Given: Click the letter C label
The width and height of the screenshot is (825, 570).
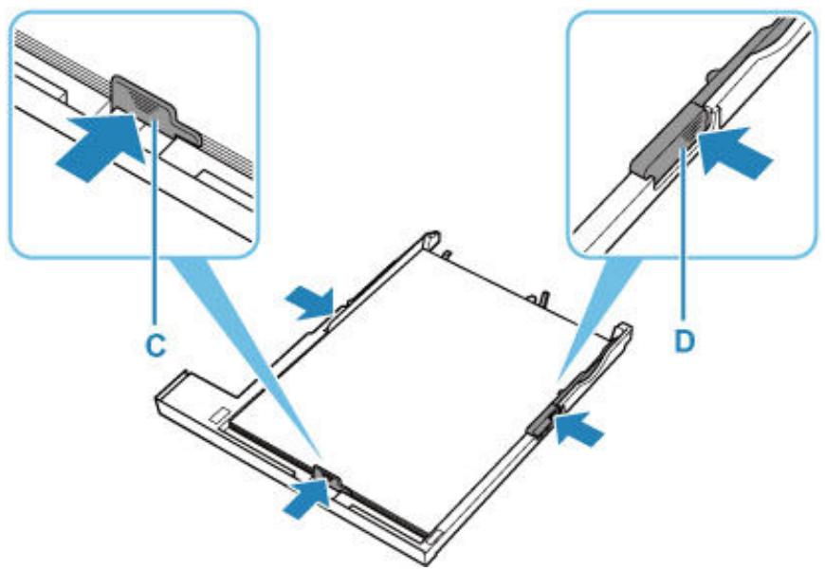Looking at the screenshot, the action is pyautogui.click(x=156, y=346).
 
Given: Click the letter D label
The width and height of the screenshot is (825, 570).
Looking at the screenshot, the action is pyautogui.click(x=685, y=341).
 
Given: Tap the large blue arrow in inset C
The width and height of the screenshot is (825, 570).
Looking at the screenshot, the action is pyautogui.click(x=100, y=147).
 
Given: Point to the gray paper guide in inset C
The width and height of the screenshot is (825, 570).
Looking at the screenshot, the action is pyautogui.click(x=153, y=108).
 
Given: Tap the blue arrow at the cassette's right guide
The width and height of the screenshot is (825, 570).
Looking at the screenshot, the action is pyautogui.click(x=579, y=429).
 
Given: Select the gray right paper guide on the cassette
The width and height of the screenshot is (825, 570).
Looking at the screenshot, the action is pyautogui.click(x=541, y=421).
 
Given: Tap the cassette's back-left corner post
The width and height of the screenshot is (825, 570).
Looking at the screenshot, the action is pyautogui.click(x=431, y=239).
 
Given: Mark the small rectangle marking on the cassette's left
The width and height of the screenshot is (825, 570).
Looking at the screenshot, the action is pyautogui.click(x=217, y=415).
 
